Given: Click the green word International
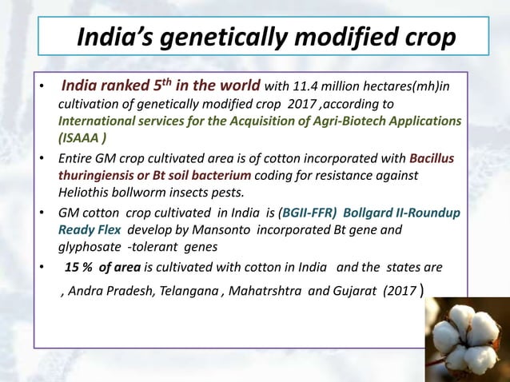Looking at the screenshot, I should [102, 121].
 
